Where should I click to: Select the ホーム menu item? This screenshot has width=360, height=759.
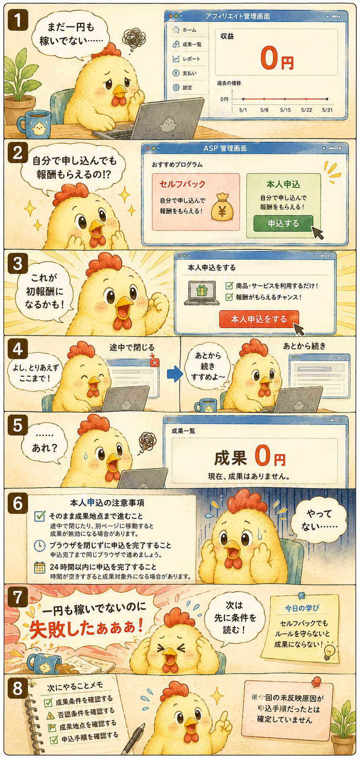[x=184, y=30]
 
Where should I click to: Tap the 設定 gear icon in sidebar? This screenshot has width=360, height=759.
[x=176, y=88]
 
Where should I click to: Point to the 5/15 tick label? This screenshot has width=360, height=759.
[x=285, y=110]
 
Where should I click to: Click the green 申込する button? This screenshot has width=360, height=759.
[x=283, y=223]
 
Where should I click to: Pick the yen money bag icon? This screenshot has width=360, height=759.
[x=222, y=207]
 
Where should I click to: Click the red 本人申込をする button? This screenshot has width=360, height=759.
[x=259, y=319]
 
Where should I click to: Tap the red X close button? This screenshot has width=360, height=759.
[x=155, y=363]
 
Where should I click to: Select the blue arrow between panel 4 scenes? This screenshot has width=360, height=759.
[x=175, y=374]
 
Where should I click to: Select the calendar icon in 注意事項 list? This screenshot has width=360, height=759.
[x=40, y=568]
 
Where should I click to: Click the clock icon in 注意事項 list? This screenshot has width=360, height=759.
[x=40, y=546]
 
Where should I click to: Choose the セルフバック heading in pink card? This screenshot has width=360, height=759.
[x=182, y=184]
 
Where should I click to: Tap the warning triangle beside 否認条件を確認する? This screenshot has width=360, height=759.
[x=50, y=716]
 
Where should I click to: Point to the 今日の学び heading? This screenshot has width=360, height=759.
[x=302, y=608]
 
